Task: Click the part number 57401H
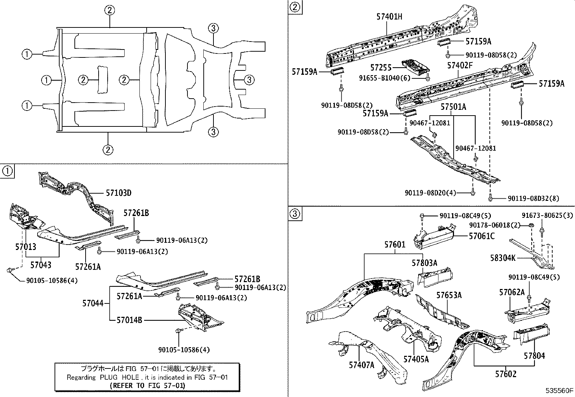pos(389,17)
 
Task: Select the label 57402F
pos(460,65)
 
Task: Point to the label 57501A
pos(453,107)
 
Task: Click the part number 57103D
pos(118,193)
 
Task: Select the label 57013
pos(26,247)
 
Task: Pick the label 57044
pos(93,303)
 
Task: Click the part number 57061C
pos(481,236)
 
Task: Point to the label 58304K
pos(503,258)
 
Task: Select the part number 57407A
pos(362,365)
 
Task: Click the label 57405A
pos(416,359)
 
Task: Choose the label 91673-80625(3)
pos(547,216)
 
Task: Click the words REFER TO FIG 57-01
pos(147,385)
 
